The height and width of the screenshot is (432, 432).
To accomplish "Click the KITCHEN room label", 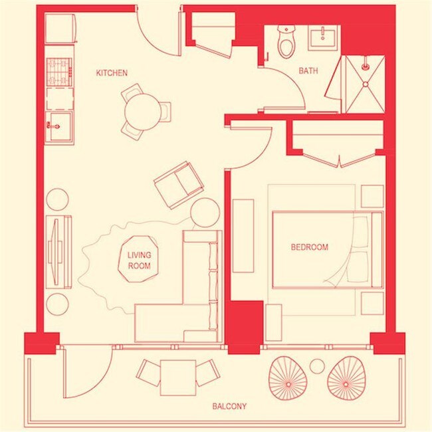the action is pyautogui.click(x=112, y=73).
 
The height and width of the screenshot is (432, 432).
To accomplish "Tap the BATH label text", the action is pyautogui.click(x=308, y=71).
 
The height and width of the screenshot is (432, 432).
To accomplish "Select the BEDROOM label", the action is pyautogui.click(x=310, y=247).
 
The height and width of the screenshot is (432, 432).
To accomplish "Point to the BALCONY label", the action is pyautogui.click(x=229, y=406).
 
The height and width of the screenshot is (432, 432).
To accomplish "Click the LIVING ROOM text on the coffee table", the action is pyautogui.click(x=139, y=261).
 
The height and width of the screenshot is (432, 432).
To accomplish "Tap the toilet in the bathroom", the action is pyautogui.click(x=286, y=42).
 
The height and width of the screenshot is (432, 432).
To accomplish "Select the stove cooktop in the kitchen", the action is pyautogui.click(x=59, y=72).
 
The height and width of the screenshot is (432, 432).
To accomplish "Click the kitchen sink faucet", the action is pyautogui.click(x=53, y=126).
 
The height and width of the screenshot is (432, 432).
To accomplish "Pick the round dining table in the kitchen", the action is pyautogui.click(x=143, y=112).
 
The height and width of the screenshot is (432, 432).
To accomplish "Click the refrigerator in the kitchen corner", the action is pyautogui.click(x=60, y=29).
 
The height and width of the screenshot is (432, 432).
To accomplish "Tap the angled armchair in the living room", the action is pyautogui.click(x=179, y=185).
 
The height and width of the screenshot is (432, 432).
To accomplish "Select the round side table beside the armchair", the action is pyautogui.click(x=205, y=213).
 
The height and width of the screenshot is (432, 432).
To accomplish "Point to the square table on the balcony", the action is pyautogui.click(x=178, y=378).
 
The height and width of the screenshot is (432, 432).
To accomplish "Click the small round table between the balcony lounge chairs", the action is pyautogui.click(x=317, y=366).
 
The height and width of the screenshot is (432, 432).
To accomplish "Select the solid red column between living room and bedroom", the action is pyautogui.click(x=245, y=327).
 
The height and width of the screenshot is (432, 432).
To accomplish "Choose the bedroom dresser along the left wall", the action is pyautogui.click(x=243, y=236).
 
